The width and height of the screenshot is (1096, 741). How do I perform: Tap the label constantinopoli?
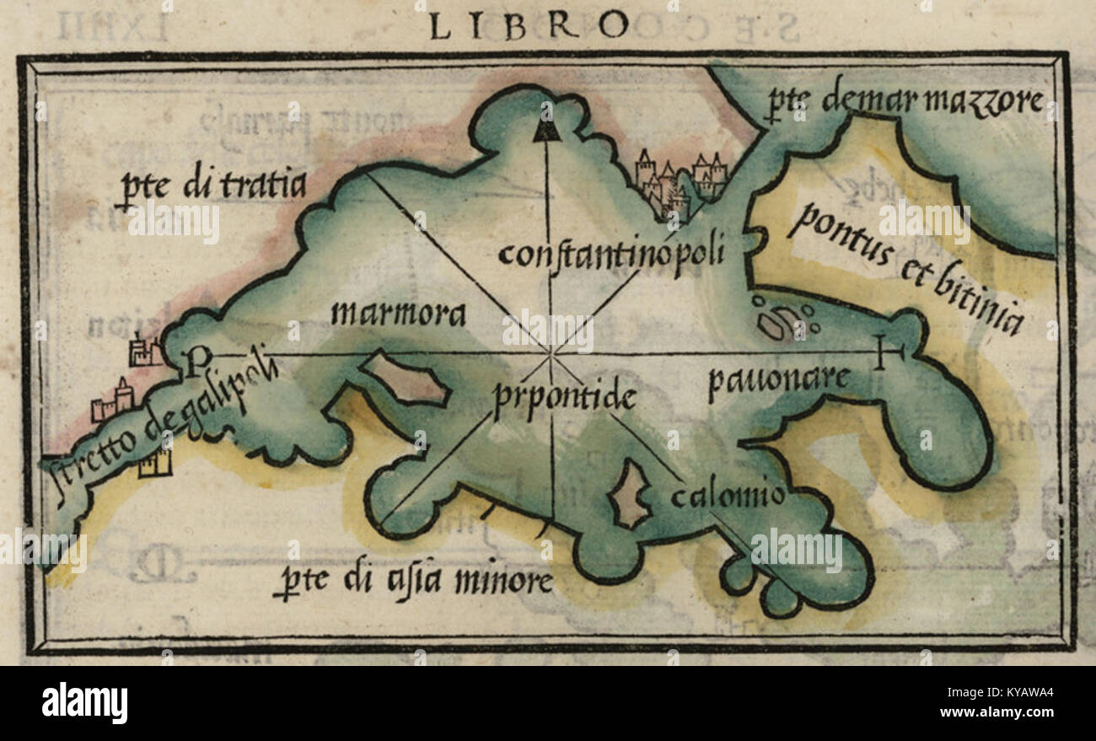click(x=610, y=254)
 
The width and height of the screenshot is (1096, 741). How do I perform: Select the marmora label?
click(x=398, y=314)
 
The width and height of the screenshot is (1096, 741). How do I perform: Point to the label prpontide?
click(x=564, y=396)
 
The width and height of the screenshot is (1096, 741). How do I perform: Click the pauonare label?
click(x=777, y=381)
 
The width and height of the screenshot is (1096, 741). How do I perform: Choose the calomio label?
click(x=728, y=495)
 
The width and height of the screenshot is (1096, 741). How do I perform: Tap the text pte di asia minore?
click(x=413, y=582)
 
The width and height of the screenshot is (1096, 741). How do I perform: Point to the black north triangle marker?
click(x=546, y=130)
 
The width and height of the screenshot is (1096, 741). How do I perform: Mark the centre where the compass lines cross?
click(x=551, y=353)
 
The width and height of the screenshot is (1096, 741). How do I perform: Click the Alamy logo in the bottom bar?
click(x=85, y=702)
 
